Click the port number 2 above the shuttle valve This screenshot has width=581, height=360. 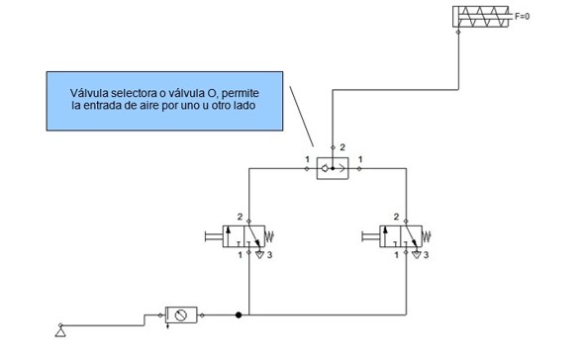343,148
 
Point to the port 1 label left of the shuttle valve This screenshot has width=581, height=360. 307,159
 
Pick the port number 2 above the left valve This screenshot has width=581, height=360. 240,216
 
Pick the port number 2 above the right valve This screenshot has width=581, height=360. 397,216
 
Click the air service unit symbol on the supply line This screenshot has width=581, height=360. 180,316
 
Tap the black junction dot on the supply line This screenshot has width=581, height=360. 239,316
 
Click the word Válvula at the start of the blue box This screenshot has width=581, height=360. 91,94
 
